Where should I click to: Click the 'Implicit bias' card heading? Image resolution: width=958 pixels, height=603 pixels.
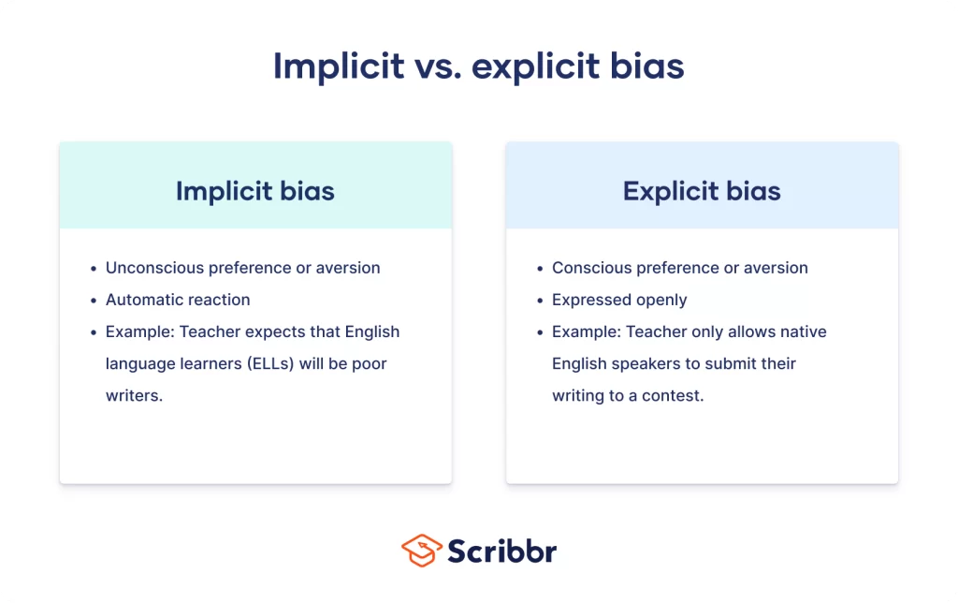pos(254,191)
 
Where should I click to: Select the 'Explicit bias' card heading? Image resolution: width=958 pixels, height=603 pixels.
pos(702,191)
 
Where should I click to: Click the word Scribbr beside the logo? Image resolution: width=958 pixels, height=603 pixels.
pos(501,551)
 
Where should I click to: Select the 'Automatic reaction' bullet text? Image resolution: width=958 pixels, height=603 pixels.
pos(178,300)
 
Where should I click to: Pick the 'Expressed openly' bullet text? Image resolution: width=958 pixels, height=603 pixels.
pos(619,300)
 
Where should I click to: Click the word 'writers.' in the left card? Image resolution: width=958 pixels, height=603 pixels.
pos(134,395)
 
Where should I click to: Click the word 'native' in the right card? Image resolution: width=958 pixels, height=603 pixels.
pos(804,331)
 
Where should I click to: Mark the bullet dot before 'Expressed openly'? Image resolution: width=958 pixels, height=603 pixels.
pos(540,301)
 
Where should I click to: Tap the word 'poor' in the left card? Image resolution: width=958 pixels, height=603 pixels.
pos(370,363)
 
